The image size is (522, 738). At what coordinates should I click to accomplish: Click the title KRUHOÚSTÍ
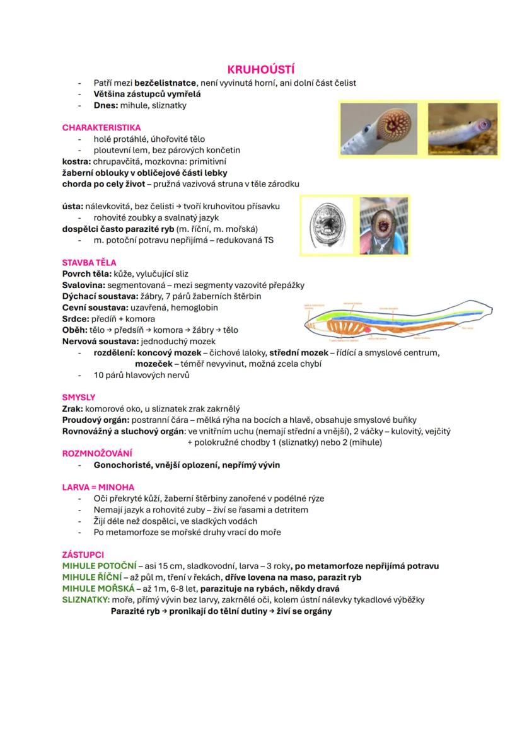(261, 70)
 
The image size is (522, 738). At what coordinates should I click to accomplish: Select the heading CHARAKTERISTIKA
(101, 127)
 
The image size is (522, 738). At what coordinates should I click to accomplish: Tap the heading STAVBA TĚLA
(89, 262)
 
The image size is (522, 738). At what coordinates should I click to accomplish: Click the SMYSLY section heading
(79, 397)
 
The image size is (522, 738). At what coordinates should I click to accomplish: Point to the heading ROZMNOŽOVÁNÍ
(97, 453)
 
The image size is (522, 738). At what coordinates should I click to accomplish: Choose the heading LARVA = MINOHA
(98, 487)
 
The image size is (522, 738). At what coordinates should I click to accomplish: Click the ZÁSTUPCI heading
(83, 555)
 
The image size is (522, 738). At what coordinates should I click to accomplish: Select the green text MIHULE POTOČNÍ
(99, 566)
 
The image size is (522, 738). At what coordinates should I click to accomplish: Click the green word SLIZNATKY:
(86, 600)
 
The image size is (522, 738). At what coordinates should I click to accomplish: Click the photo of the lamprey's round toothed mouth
(380, 129)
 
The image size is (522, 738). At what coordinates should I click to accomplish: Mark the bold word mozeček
(155, 364)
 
